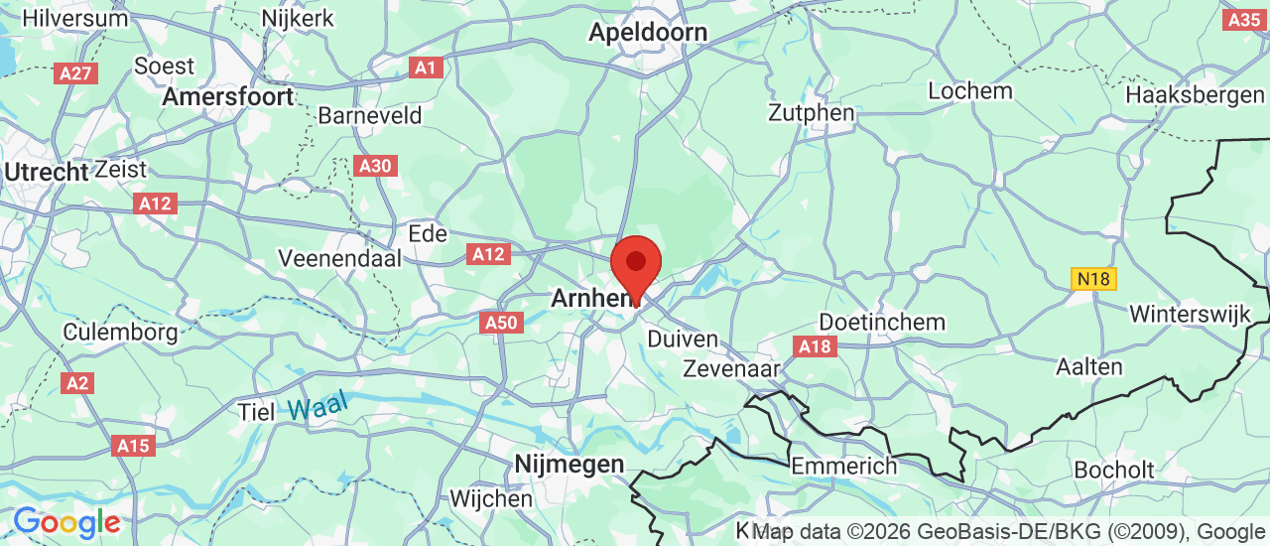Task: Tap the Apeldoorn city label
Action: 648,32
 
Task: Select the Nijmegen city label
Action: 570,464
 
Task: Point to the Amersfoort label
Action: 228,96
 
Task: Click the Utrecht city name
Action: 46,172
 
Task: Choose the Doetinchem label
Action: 882,323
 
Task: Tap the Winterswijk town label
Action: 1195,314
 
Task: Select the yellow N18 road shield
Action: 1093,279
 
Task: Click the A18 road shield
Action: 815,346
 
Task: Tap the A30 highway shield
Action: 375,166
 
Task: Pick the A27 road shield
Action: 75,73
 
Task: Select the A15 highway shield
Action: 133,446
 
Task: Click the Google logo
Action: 66,522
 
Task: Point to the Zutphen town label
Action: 812,113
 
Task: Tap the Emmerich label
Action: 843,466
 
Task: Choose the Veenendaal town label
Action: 340,258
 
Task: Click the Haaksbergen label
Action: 1197,96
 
